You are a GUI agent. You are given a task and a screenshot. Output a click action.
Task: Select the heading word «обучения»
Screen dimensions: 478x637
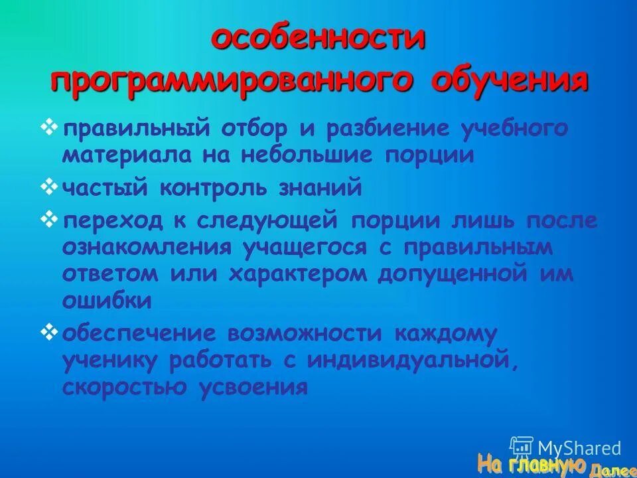(510, 82)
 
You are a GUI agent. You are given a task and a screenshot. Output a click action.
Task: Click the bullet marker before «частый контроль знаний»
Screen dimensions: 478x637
(49, 188)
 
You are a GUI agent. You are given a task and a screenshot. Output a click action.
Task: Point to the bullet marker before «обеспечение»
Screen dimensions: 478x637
(49, 330)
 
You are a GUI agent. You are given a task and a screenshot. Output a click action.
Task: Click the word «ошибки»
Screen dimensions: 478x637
(107, 300)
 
